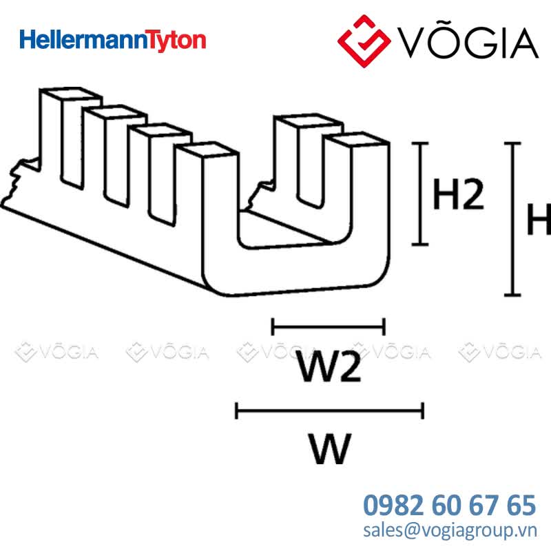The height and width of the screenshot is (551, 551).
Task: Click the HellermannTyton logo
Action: [x=112, y=41]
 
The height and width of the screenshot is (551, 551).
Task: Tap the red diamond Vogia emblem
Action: [x=364, y=41]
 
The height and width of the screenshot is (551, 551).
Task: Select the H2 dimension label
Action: [x=458, y=194]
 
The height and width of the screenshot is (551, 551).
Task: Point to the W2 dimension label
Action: [x=329, y=366]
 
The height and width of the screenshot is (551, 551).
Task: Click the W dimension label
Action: [x=330, y=449]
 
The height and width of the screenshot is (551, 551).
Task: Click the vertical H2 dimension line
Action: [x=420, y=194]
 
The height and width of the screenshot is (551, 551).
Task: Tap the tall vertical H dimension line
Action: [x=512, y=219]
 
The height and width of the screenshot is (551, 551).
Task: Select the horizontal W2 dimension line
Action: [x=329, y=326]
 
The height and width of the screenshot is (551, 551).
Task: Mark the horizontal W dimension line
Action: [x=330, y=410]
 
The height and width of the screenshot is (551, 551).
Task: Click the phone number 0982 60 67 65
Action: [x=450, y=505]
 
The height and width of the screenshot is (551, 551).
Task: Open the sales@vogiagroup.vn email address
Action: [x=450, y=530]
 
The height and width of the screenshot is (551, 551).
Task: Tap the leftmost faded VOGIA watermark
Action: [x=57, y=352]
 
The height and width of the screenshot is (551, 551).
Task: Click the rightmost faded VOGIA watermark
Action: [x=500, y=352]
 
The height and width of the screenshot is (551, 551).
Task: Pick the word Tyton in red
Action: [x=176, y=41]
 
